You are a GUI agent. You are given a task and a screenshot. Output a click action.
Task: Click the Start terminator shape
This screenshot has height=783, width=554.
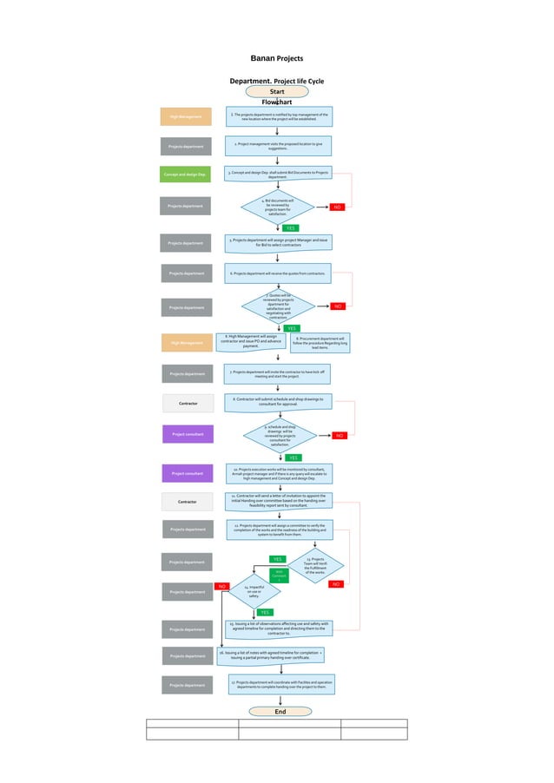click(x=277, y=91)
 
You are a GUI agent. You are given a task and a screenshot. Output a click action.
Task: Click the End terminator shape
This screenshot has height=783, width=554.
click(x=280, y=711)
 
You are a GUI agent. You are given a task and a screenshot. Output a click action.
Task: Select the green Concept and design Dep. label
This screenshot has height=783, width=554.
click(x=185, y=174)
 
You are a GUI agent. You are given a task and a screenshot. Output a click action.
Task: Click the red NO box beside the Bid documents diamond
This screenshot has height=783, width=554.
click(x=338, y=207)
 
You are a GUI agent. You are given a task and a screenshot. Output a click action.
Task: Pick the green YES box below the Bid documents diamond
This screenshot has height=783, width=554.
click(x=291, y=227)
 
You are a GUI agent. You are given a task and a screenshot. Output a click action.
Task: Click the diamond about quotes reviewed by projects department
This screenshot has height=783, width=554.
click(x=277, y=306)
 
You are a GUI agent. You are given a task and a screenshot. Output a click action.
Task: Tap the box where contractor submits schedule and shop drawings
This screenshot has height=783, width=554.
click(x=277, y=402)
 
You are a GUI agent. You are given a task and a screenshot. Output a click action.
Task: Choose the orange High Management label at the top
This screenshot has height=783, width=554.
click(x=186, y=116)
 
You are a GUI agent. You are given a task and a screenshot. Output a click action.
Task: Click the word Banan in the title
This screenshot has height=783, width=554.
click(x=262, y=58)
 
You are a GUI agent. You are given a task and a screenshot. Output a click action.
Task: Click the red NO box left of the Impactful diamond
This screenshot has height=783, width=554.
click(x=221, y=587)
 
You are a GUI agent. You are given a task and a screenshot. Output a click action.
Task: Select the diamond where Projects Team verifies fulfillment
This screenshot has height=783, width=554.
click(x=315, y=564)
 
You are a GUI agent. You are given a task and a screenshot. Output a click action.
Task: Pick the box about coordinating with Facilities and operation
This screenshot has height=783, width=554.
click(x=281, y=685)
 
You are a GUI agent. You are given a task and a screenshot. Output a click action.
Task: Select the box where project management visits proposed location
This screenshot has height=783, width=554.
click(x=277, y=145)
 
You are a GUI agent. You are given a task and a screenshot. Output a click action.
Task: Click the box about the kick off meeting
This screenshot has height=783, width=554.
click(x=277, y=373)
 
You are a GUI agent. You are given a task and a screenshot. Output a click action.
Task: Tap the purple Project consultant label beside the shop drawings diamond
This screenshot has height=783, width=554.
click(x=188, y=433)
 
